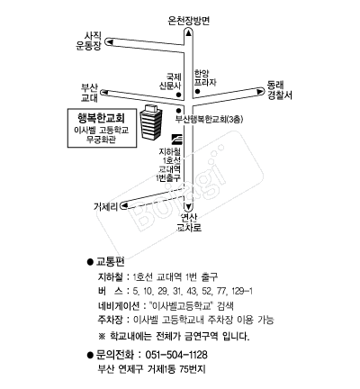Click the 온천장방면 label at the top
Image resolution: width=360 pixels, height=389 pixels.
tap(188, 21)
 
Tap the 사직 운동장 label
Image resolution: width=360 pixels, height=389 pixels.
tap(89, 41)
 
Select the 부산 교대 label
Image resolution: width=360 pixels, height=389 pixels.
tap(89, 93)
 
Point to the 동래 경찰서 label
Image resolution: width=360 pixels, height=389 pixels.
tap(280, 90)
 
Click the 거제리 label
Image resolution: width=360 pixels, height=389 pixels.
tap(106, 206)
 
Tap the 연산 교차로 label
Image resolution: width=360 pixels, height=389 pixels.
tap(189, 222)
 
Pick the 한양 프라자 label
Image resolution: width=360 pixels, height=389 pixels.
tap(205, 77)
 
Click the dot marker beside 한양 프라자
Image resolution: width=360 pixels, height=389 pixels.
tap(197, 91)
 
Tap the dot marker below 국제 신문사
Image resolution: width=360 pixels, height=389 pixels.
tap(178, 95)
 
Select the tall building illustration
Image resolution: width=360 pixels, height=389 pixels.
tap(151, 122)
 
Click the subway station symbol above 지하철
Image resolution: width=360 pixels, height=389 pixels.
tap(176, 139)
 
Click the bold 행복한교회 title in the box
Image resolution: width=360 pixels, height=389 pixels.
tap(101, 118)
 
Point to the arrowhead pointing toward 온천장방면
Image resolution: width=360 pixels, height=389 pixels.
tap(188, 32)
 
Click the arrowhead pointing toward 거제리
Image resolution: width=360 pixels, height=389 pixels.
tap(123, 206)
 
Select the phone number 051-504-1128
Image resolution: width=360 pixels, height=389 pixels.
tap(176, 355)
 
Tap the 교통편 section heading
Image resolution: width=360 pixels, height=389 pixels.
tap(110, 262)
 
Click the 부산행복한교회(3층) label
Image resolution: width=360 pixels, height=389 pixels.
tap(209, 120)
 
